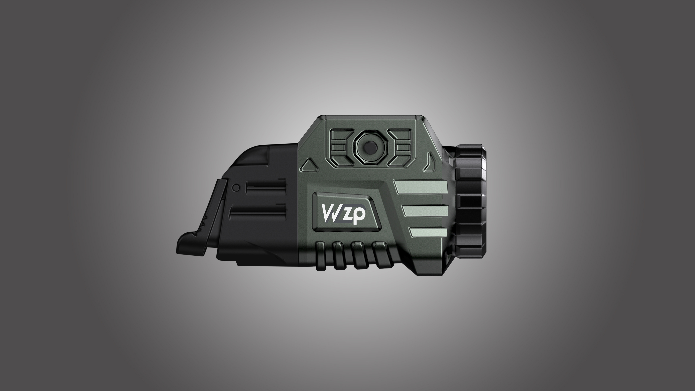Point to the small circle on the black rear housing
tap(236, 187)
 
